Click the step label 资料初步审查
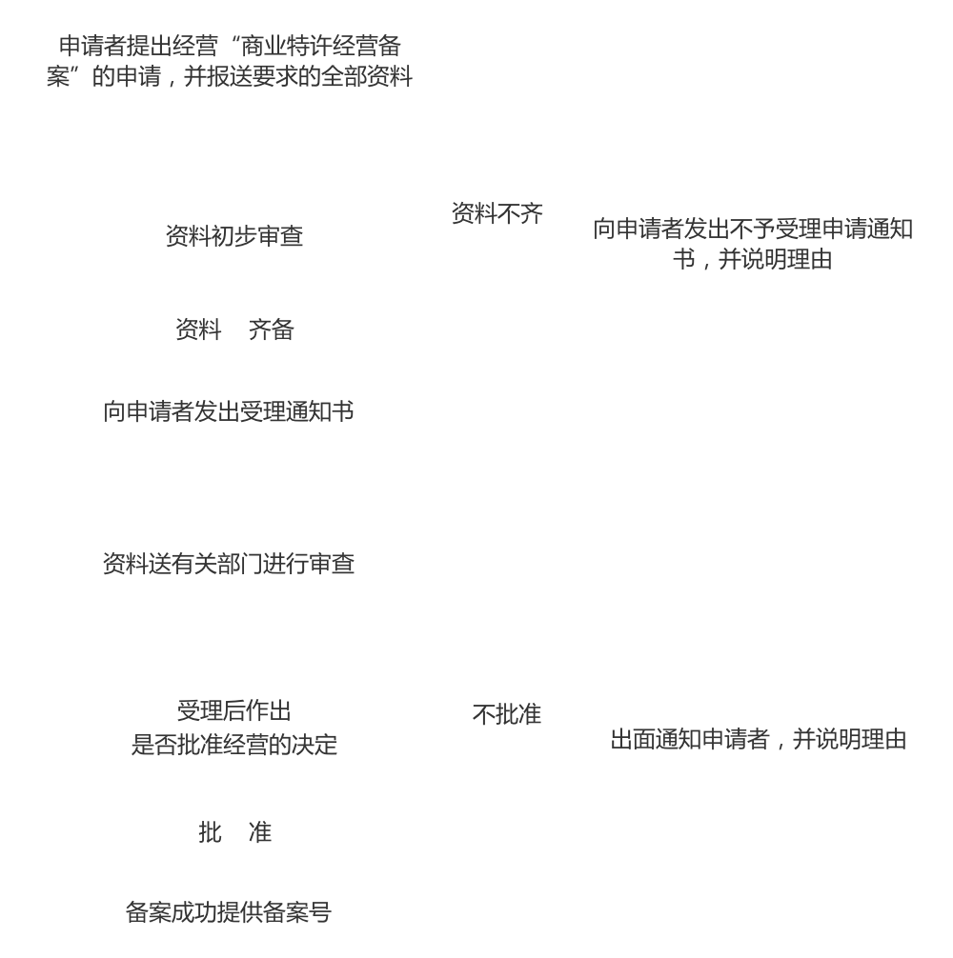pos(233,236)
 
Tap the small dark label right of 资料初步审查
pos(506,213)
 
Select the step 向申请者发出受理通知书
pos(229,411)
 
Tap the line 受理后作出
pos(233,710)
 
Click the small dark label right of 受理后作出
pos(517,713)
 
